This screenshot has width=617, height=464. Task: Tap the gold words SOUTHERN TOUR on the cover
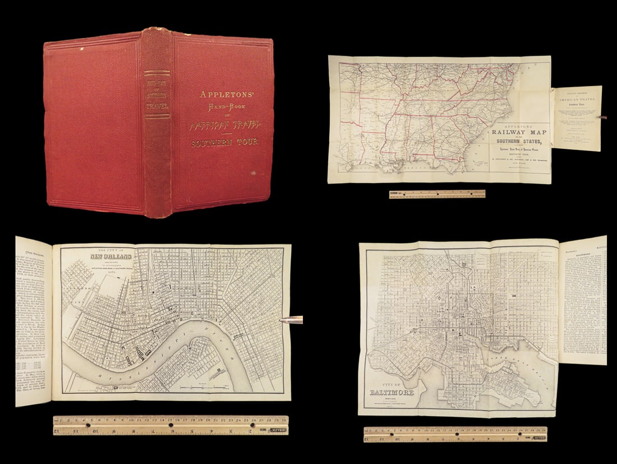[225, 143]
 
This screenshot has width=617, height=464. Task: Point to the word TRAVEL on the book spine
[157, 104]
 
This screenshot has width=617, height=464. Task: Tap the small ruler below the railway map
[437, 194]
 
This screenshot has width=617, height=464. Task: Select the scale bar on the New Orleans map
[202, 388]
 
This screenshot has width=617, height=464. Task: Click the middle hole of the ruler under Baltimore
[455, 434]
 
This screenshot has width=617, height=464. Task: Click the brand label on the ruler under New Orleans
[278, 430]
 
